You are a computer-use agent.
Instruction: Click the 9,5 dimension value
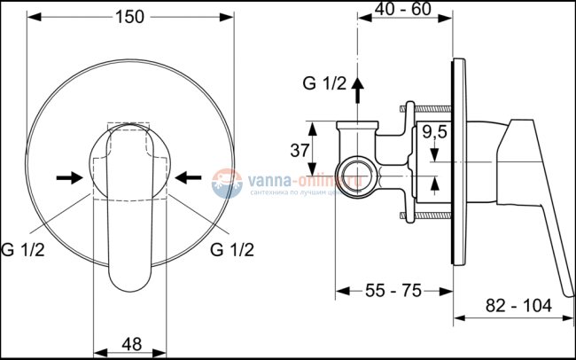(434, 135)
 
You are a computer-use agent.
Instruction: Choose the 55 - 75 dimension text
(394, 290)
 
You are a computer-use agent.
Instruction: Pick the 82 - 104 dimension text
(518, 305)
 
